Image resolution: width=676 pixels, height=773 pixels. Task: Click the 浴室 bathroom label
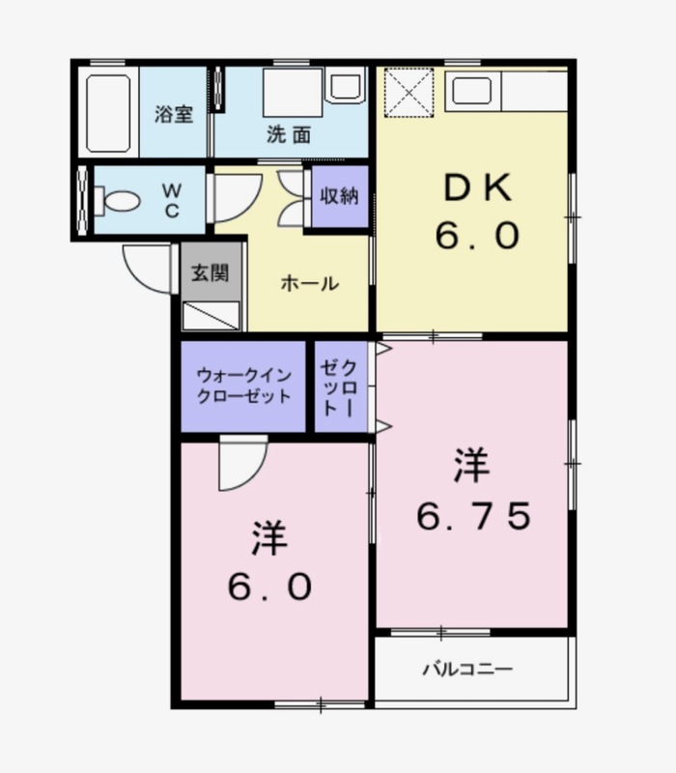[x=174, y=114]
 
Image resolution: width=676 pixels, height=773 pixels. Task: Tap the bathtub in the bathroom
[x=108, y=113]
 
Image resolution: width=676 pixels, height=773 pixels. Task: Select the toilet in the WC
[x=117, y=201]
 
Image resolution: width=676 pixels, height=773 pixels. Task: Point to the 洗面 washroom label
[x=289, y=134]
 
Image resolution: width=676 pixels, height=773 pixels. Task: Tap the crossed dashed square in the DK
[x=408, y=93]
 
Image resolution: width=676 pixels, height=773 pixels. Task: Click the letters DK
[x=477, y=187]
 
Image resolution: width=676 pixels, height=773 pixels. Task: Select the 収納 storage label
[x=339, y=196]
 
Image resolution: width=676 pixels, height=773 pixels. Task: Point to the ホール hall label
[x=310, y=283]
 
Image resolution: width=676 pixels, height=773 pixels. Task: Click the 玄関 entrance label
[x=211, y=272]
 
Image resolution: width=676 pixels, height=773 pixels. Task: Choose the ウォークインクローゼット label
[x=244, y=386]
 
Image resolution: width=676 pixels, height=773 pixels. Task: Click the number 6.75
[x=474, y=516]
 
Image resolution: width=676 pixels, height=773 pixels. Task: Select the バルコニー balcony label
[x=467, y=669]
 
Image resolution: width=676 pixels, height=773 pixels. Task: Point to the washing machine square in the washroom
[x=293, y=93]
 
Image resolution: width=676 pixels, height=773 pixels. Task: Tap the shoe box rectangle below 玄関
[x=211, y=316]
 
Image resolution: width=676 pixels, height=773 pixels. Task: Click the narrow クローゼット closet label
[x=338, y=388]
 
